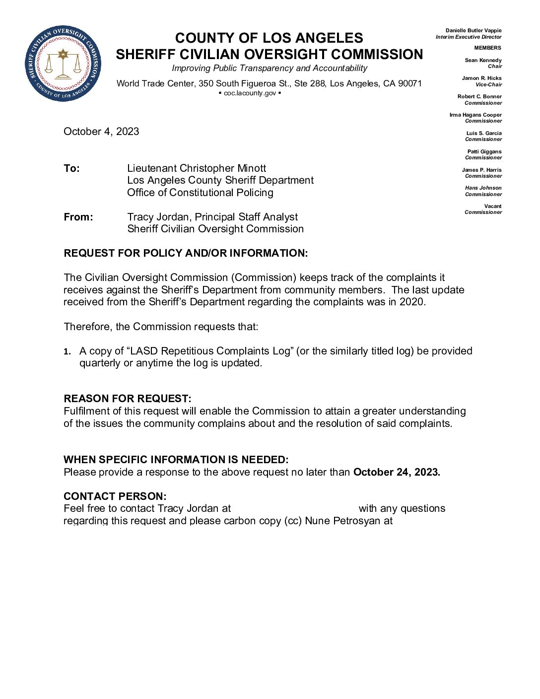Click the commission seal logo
pos(63,63)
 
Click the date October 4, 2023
pos(101,132)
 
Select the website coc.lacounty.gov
pos(250,93)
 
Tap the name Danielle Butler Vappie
pos(473,31)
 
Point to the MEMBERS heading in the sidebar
pos(487,48)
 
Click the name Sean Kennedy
pos(483,60)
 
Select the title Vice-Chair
pos(488,85)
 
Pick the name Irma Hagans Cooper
pos(475,115)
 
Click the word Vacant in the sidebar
pos(492,206)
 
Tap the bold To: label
pos(71,168)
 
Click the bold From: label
pos(78,217)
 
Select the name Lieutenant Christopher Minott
pos(197,168)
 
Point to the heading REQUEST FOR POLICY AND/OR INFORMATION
pos(186,253)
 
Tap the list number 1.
pos(67,351)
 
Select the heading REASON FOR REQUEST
pos(127,399)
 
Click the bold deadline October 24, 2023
pos(397,472)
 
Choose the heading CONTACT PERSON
pos(115,496)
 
